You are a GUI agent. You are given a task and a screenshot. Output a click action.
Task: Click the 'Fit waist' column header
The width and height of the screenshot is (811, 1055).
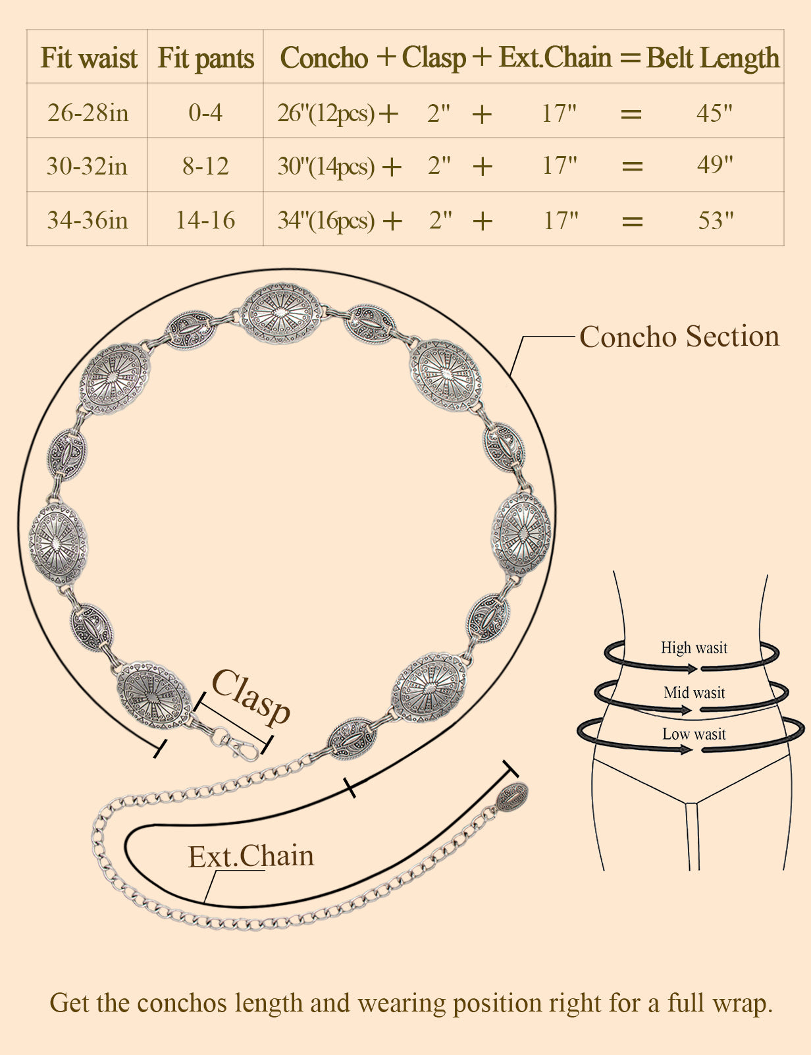click(x=88, y=58)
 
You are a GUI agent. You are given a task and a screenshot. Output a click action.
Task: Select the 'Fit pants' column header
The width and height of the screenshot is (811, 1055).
click(x=205, y=58)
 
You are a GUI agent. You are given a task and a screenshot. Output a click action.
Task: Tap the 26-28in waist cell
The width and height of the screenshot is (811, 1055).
click(x=88, y=113)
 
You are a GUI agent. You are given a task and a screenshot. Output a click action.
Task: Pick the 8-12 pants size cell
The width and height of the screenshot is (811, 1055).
click(x=205, y=166)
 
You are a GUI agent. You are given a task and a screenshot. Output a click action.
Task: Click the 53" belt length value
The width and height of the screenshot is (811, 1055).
click(x=716, y=221)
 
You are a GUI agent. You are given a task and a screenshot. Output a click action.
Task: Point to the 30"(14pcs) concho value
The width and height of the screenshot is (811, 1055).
click(x=326, y=166)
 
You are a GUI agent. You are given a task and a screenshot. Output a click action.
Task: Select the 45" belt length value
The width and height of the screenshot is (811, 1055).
click(x=714, y=113)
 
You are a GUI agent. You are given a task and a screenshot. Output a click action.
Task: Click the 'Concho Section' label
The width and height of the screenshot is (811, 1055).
click(x=679, y=337)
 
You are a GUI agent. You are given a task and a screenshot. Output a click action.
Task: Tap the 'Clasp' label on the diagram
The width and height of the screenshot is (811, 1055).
click(x=251, y=697)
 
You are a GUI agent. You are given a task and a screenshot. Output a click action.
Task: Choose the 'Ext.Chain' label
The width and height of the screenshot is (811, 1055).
click(x=251, y=856)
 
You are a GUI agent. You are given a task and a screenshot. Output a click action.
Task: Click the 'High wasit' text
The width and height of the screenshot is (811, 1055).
click(x=694, y=647)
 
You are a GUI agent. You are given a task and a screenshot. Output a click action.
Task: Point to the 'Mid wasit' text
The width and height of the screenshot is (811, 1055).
click(x=694, y=692)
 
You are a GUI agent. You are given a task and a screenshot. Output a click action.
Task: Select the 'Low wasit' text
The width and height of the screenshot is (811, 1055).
click(x=694, y=734)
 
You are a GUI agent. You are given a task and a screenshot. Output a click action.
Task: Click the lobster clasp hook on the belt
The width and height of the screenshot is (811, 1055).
click(x=241, y=747)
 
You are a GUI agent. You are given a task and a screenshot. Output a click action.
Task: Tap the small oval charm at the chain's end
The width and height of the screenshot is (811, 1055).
click(x=511, y=797)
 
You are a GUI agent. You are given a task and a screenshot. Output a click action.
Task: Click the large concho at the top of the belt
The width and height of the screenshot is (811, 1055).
click(x=281, y=313)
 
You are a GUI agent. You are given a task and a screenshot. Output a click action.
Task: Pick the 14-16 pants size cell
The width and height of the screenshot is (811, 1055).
click(x=205, y=220)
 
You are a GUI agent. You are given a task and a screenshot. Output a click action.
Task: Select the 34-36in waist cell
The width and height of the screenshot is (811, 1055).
click(x=88, y=220)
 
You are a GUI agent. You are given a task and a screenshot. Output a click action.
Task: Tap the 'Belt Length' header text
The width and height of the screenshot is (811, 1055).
click(x=713, y=58)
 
